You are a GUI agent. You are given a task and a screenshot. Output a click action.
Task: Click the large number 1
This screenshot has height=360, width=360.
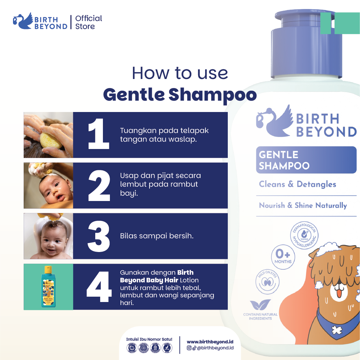click(x=99, y=135)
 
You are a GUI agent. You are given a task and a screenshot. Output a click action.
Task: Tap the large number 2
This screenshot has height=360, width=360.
click(x=99, y=186)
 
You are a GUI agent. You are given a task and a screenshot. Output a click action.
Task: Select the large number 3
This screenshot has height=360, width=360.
click(x=99, y=236)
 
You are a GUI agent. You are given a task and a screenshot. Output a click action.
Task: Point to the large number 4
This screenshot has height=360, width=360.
click(x=99, y=287)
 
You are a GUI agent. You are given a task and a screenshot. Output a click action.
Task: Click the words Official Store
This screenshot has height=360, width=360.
click(x=89, y=22)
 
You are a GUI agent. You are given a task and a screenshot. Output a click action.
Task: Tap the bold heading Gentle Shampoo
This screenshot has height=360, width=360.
click(x=180, y=95)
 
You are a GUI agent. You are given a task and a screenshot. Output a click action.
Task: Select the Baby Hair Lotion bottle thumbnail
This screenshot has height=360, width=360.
click(x=49, y=287)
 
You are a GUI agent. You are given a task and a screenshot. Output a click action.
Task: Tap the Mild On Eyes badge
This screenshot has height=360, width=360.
click(x=266, y=280)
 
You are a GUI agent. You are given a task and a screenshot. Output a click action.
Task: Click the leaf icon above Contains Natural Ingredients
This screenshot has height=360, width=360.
click(x=260, y=305)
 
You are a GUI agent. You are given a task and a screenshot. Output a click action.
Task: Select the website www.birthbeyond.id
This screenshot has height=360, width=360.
click(x=210, y=342)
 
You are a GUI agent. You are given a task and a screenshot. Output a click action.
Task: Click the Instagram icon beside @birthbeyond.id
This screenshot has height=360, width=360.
click(x=189, y=348)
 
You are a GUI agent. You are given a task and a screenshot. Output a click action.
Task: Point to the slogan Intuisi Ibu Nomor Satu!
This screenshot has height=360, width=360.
click(x=149, y=339)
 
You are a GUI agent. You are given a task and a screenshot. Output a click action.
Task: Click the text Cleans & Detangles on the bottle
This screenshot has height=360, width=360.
click(x=297, y=184)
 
